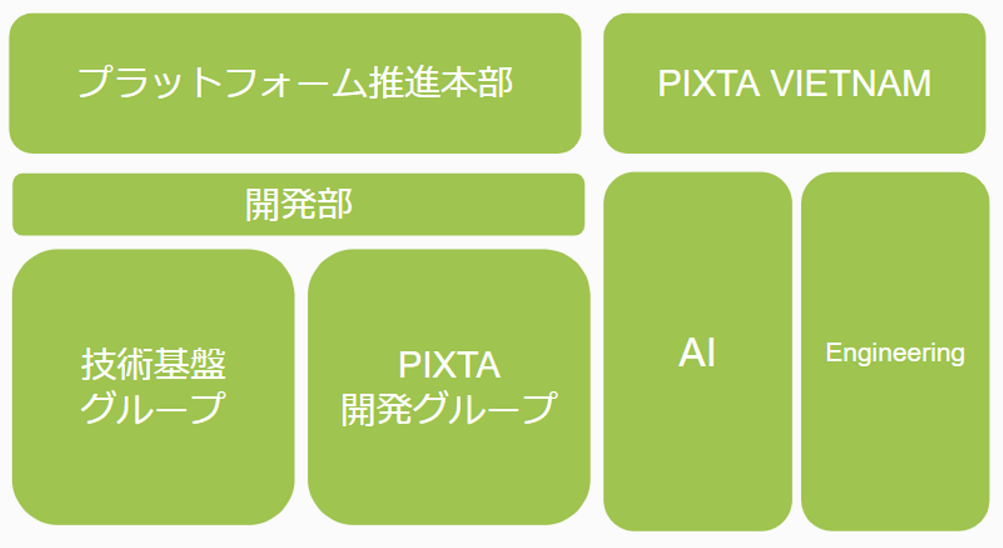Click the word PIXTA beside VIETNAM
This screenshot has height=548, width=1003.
pyautogui.click(x=708, y=84)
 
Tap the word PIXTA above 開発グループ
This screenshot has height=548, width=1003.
pyautogui.click(x=449, y=365)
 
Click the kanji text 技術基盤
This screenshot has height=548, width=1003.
pyautogui.click(x=154, y=365)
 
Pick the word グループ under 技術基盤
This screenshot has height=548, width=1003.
pyautogui.click(x=154, y=408)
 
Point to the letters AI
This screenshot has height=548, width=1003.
pyautogui.click(x=697, y=353)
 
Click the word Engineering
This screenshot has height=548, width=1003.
pyautogui.click(x=895, y=353)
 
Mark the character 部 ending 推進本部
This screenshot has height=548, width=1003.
pyautogui.click(x=495, y=83)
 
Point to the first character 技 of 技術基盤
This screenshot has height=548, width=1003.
pyautogui.click(x=98, y=365)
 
